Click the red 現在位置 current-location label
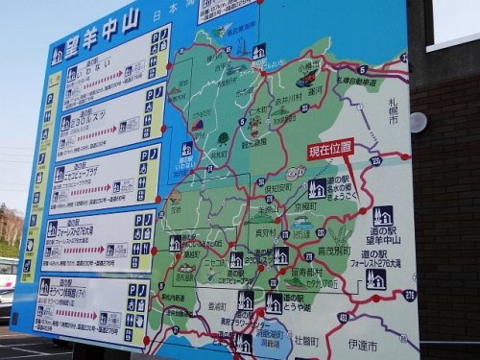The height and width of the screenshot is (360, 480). [x=331, y=148]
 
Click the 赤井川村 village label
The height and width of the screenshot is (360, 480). [x=286, y=98]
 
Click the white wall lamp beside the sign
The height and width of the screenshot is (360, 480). [x=418, y=122]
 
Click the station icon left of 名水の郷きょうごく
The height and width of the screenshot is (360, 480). [x=317, y=188]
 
